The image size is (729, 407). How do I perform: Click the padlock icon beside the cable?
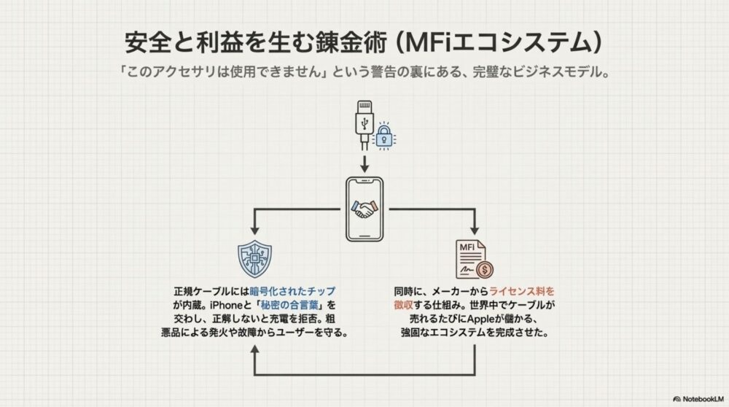tap(382, 136)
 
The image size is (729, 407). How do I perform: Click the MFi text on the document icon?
tap(467, 248)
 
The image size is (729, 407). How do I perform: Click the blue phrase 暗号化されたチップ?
tap(297, 290)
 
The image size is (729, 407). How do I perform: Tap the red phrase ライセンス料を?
tap(526, 290)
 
